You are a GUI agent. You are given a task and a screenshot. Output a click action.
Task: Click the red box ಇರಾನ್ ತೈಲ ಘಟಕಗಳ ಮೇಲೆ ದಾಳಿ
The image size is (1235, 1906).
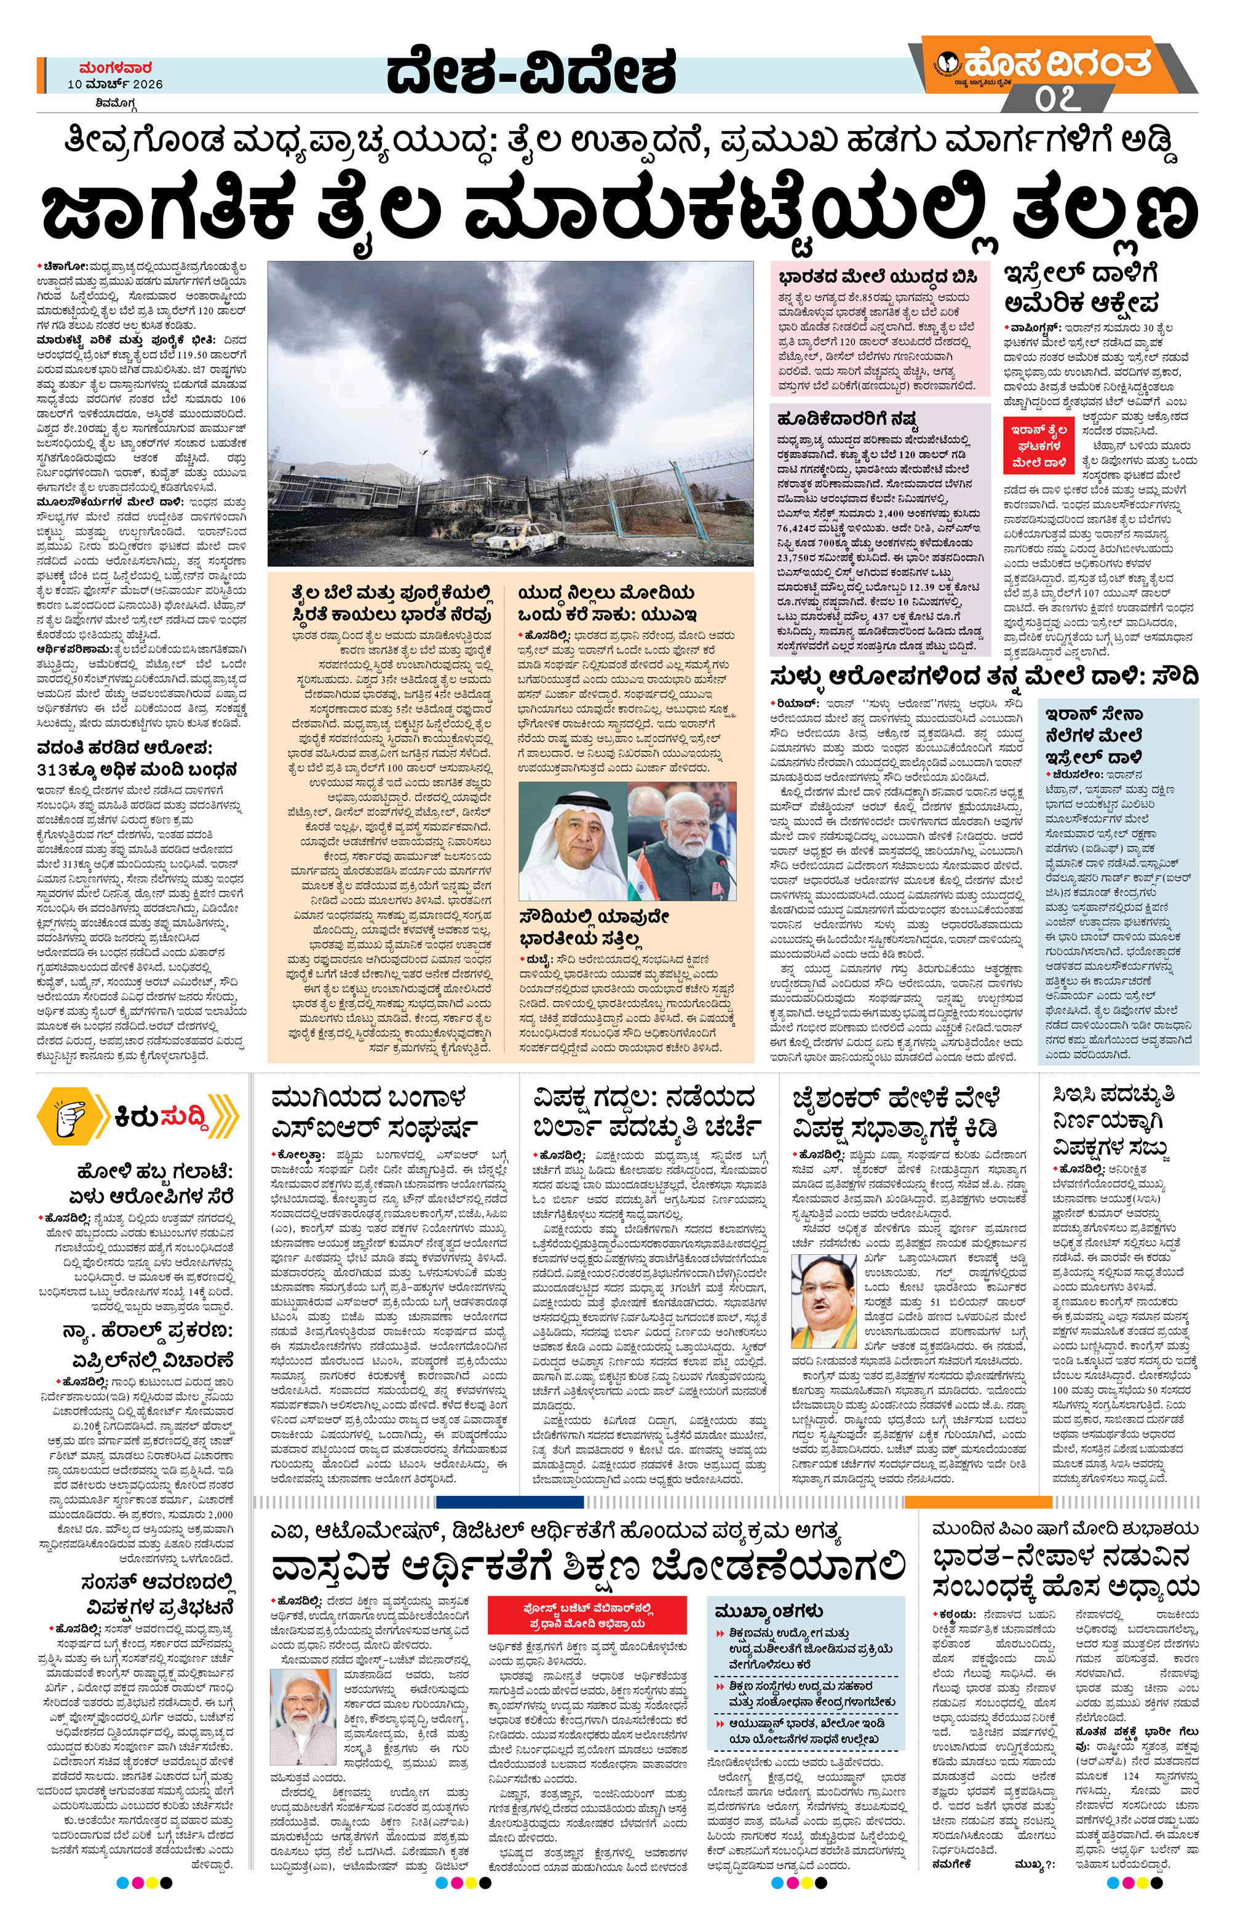[1036, 445]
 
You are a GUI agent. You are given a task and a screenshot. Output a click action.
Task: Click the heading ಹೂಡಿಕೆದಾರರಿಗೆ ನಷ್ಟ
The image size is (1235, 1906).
[848, 419]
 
